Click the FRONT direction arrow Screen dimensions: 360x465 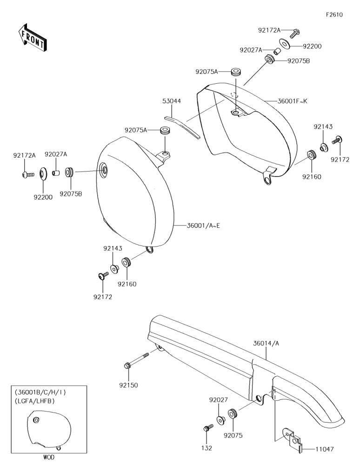32,37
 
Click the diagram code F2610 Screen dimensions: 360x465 334,15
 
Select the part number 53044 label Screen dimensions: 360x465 172,101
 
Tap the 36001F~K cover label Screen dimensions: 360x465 293,101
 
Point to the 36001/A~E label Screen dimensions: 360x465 203,226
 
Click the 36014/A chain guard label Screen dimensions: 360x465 266,344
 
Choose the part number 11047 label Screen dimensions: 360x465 324,449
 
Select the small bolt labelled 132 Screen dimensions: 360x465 208,428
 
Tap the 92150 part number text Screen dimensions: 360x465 129,385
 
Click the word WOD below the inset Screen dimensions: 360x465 49,457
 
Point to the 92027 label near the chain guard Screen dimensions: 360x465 219,400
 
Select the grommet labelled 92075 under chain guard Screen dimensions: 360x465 233,413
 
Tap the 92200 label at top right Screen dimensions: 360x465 312,46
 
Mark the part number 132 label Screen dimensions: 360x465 207,448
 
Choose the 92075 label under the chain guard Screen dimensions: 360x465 233,435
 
